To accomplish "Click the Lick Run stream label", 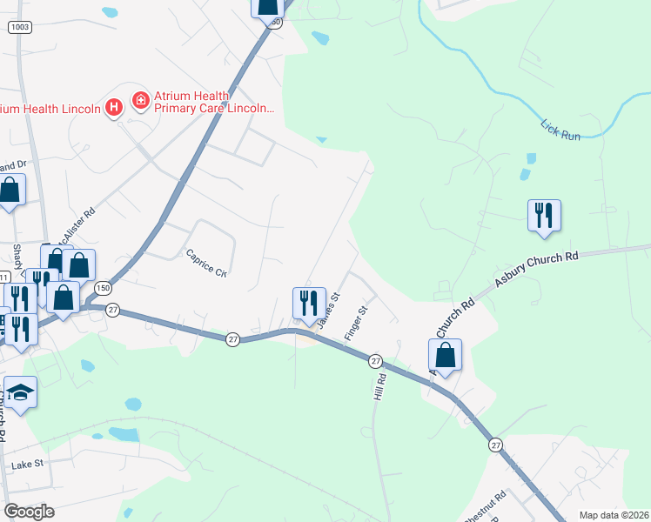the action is coord(560,126).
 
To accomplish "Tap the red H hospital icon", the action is coord(112,108).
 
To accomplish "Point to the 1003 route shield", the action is coord(18,28).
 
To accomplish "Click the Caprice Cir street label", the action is coord(206,263).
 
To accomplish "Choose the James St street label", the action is coord(328,310).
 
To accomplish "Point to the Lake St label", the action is coord(27,465).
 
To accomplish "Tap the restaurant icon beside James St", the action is coord(309,304).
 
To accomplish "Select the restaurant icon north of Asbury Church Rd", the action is coord(544,216).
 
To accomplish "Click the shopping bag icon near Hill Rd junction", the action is coord(445,355).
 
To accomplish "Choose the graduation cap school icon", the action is coord(20,392).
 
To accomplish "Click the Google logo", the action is coord(29,512).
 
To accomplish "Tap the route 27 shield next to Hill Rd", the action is coord(375,360).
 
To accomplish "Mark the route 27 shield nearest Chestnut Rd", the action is coord(496,445).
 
